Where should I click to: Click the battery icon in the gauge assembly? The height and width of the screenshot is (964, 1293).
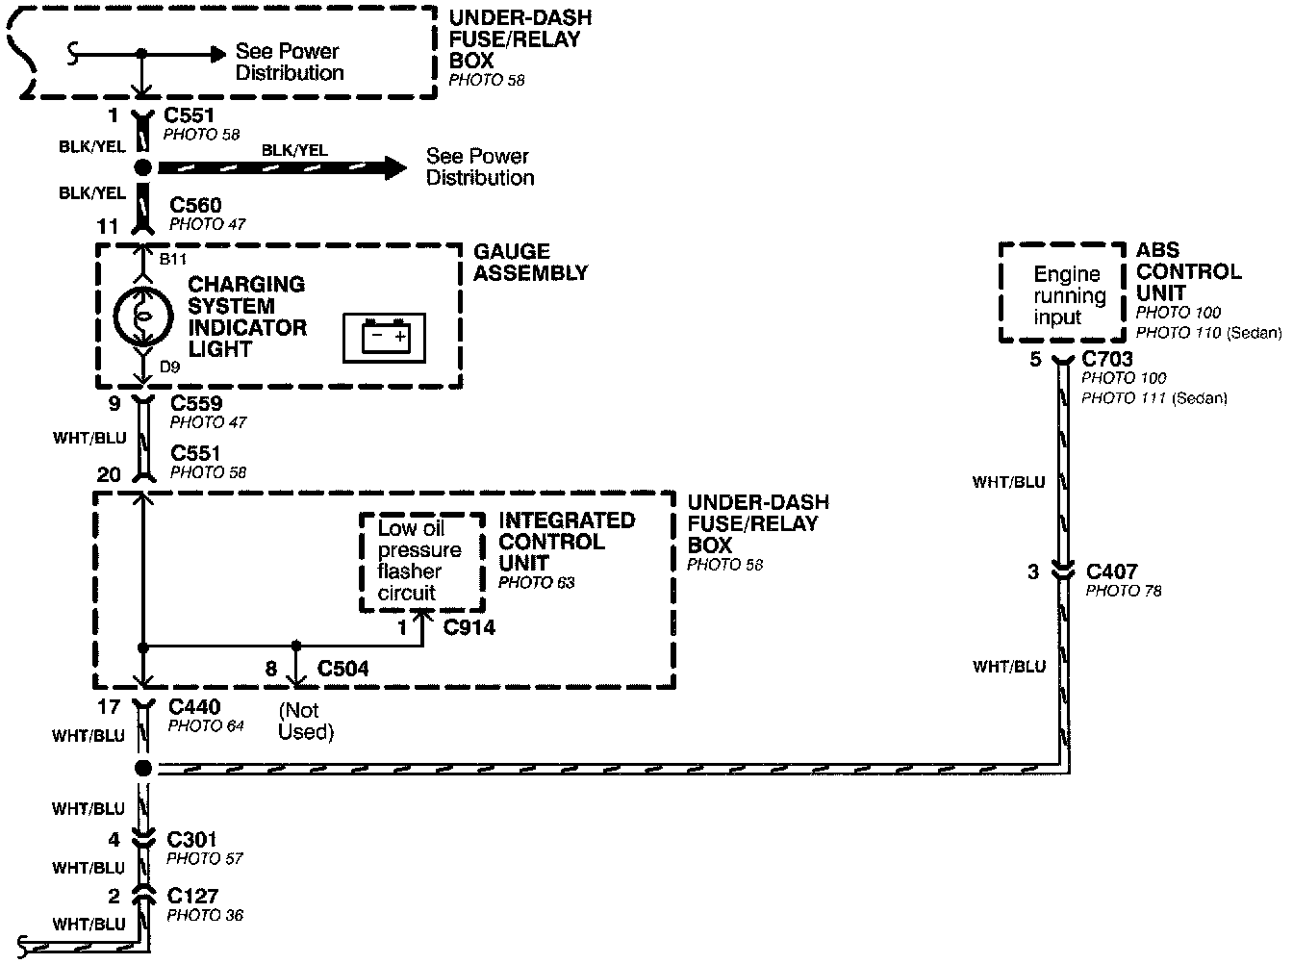pyautogui.click(x=385, y=338)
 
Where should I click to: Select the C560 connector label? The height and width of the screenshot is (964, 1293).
pyautogui.click(x=195, y=205)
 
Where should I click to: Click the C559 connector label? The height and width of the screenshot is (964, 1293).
pyautogui.click(x=196, y=403)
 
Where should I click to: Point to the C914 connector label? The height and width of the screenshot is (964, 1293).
pyautogui.click(x=469, y=627)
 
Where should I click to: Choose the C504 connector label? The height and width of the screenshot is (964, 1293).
pyautogui.click(x=342, y=668)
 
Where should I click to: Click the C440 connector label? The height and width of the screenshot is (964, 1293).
pyautogui.click(x=194, y=707)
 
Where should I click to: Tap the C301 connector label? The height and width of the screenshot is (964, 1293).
pyautogui.click(x=192, y=839)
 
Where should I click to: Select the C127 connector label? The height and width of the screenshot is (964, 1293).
pyautogui.click(x=192, y=896)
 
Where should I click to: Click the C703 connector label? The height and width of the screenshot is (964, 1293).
pyautogui.click(x=1107, y=360)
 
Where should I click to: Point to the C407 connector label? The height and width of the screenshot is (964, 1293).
pyautogui.click(x=1111, y=571)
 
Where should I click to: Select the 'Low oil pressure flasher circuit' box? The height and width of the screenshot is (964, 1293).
pyautogui.click(x=421, y=561)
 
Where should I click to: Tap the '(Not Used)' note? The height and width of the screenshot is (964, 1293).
pyautogui.click(x=306, y=722)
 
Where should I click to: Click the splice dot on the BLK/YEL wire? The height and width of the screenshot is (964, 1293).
pyautogui.click(x=142, y=168)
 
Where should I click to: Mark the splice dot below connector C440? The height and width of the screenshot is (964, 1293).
pyautogui.click(x=142, y=768)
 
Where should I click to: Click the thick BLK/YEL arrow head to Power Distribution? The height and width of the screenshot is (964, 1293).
pyautogui.click(x=394, y=167)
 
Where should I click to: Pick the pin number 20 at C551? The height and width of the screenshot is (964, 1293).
pyautogui.click(x=109, y=474)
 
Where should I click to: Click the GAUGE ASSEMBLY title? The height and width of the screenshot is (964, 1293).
pyautogui.click(x=529, y=262)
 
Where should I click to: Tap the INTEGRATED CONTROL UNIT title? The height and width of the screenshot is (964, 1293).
pyautogui.click(x=567, y=542)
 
